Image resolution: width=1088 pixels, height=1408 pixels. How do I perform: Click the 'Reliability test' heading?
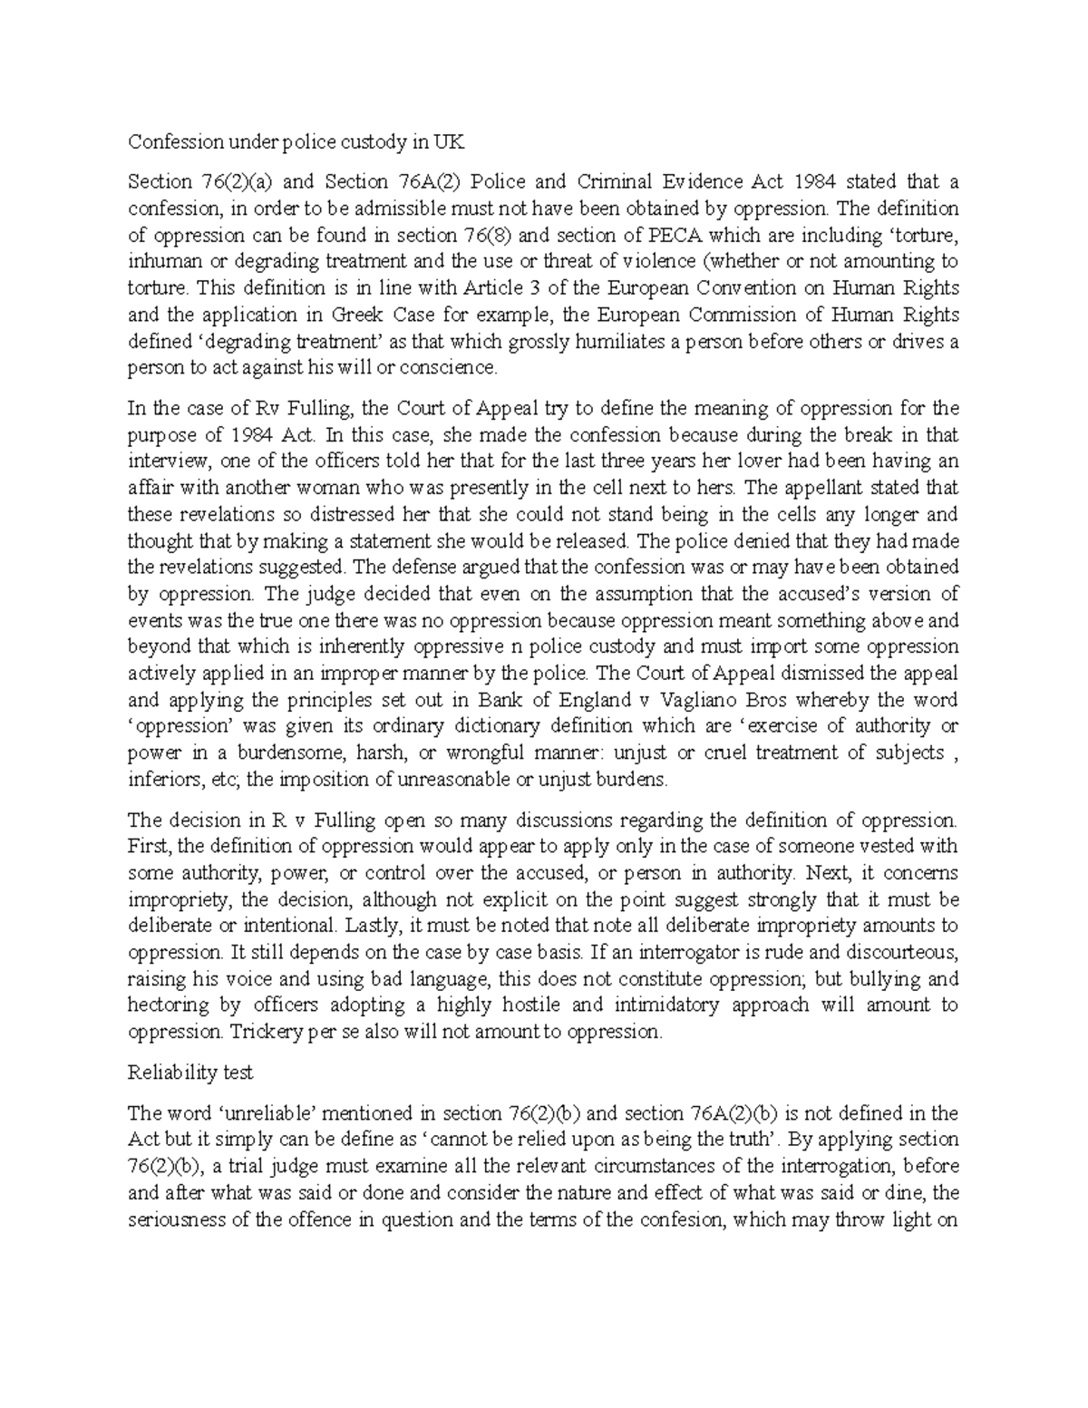click(190, 1073)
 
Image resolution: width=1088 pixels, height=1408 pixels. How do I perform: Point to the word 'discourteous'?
click(903, 953)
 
